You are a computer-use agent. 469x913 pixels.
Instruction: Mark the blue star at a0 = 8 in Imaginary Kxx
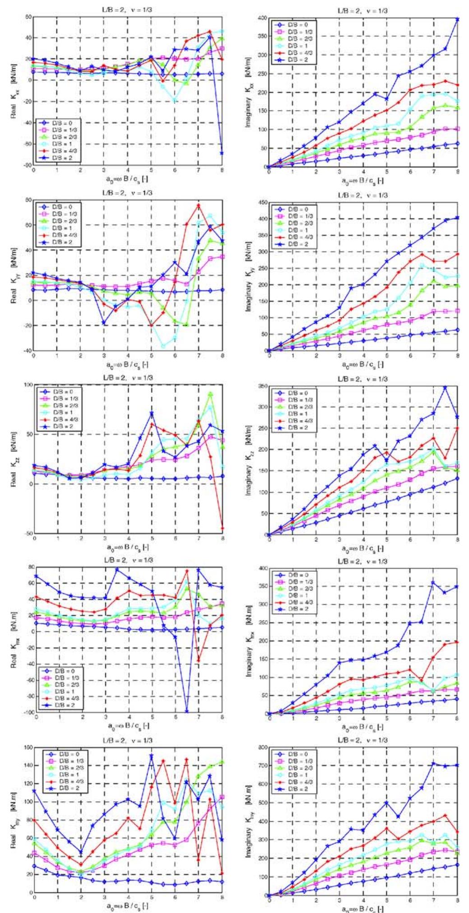pos(457,19)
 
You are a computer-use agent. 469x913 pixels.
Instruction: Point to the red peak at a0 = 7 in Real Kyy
pos(198,206)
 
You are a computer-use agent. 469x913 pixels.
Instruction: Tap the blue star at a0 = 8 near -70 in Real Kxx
pos(222,153)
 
